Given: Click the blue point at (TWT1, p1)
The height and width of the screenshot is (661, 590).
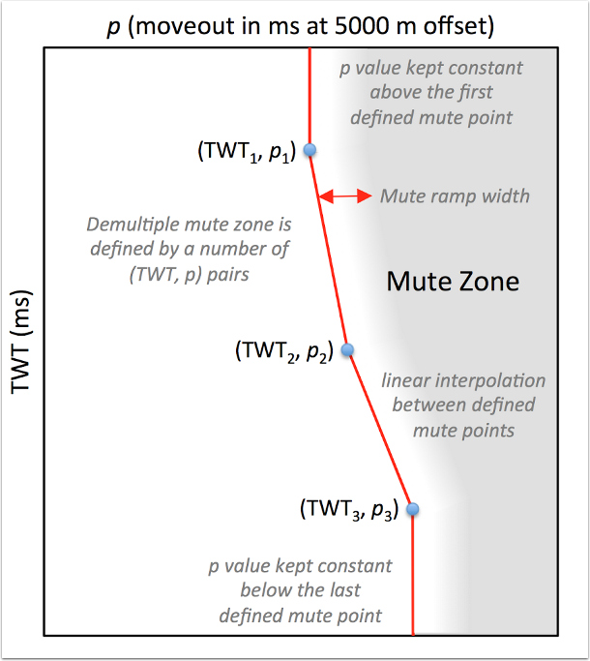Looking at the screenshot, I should pyautogui.click(x=310, y=149).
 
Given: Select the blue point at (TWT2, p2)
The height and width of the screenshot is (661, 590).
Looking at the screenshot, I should pyautogui.click(x=348, y=349).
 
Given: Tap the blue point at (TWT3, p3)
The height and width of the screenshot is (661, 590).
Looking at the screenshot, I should pyautogui.click(x=413, y=508).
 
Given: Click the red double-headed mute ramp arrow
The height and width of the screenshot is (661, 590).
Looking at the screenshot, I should pyautogui.click(x=345, y=195).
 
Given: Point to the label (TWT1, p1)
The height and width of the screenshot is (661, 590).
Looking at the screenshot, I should pyautogui.click(x=245, y=153).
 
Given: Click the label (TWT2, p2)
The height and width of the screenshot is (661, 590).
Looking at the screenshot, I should pyautogui.click(x=283, y=351).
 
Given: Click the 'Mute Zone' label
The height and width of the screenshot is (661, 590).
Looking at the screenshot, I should pyautogui.click(x=453, y=282).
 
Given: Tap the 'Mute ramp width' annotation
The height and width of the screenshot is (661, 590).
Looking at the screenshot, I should pyautogui.click(x=455, y=195).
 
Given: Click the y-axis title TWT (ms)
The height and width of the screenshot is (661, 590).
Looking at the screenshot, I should pyautogui.click(x=21, y=341).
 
